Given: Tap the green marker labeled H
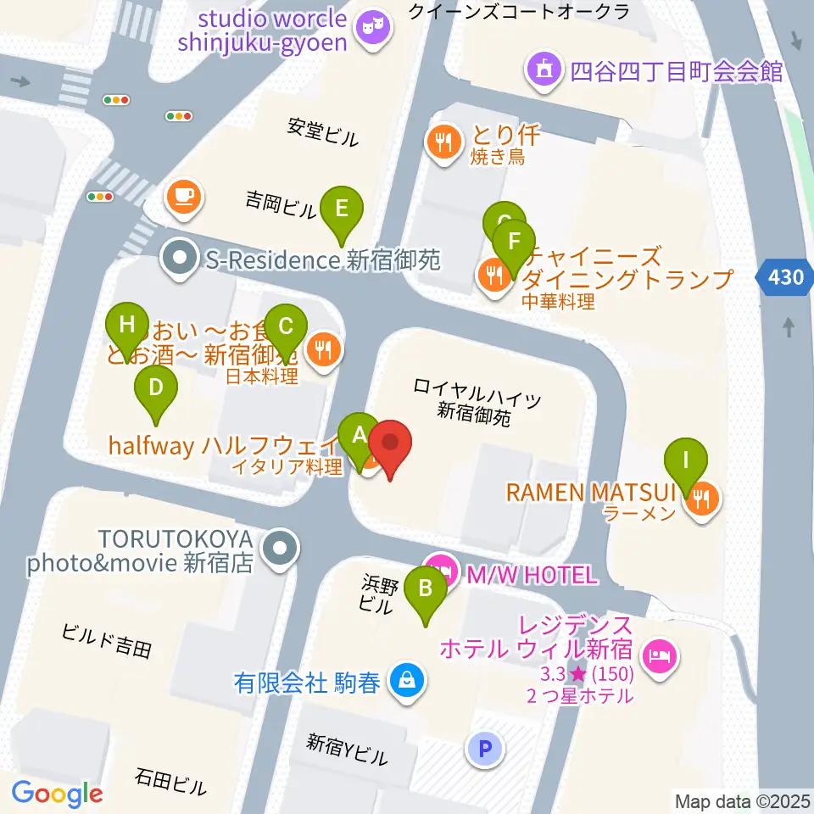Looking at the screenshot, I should (x=127, y=326).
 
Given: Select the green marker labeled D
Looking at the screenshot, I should (x=156, y=388).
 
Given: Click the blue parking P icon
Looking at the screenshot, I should (x=485, y=748).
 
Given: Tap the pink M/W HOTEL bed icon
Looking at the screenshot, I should (x=439, y=567).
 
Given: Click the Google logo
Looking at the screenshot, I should (x=57, y=793).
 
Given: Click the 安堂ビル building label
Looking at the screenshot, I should (x=323, y=131).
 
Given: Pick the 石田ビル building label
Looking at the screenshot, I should (x=170, y=782).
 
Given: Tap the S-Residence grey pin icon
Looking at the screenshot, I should (x=179, y=259).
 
